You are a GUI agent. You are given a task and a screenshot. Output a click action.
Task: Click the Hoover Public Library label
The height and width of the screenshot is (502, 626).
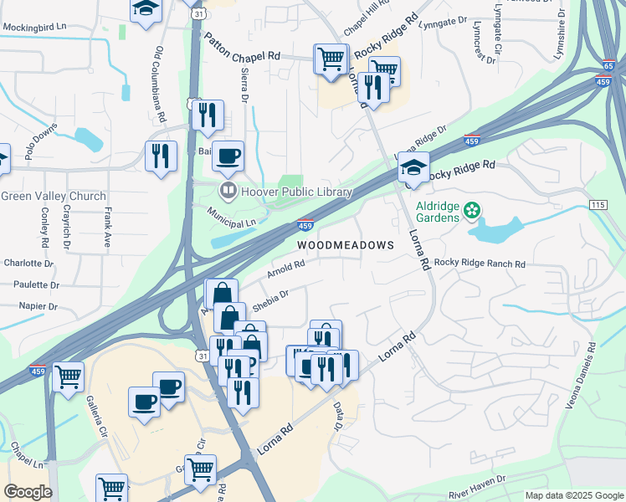click(296, 192)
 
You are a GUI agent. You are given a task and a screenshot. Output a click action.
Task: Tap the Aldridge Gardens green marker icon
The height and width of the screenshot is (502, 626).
click(472, 209)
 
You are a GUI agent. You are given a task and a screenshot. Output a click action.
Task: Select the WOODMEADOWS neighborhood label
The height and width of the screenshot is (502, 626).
click(346, 245)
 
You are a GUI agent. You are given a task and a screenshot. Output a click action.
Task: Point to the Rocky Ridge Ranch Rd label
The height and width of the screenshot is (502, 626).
click(480, 264)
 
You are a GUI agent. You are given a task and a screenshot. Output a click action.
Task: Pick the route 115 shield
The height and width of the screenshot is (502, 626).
click(597, 205)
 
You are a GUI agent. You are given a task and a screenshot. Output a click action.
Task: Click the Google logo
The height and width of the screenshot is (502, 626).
click(28, 492)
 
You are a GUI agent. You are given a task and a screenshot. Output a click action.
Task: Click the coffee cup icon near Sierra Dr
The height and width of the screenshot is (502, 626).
click(228, 156)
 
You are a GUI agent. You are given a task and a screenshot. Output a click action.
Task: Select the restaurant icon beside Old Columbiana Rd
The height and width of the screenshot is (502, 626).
click(159, 155)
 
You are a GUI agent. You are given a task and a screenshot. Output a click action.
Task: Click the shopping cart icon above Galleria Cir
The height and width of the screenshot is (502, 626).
click(68, 376)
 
